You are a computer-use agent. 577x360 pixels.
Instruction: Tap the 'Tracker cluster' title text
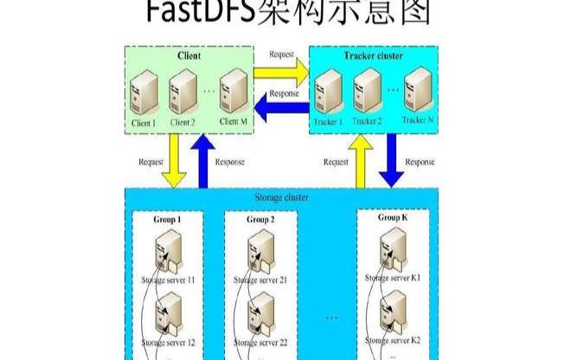[375, 55]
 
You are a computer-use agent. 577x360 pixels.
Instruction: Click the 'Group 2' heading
[260, 220]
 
